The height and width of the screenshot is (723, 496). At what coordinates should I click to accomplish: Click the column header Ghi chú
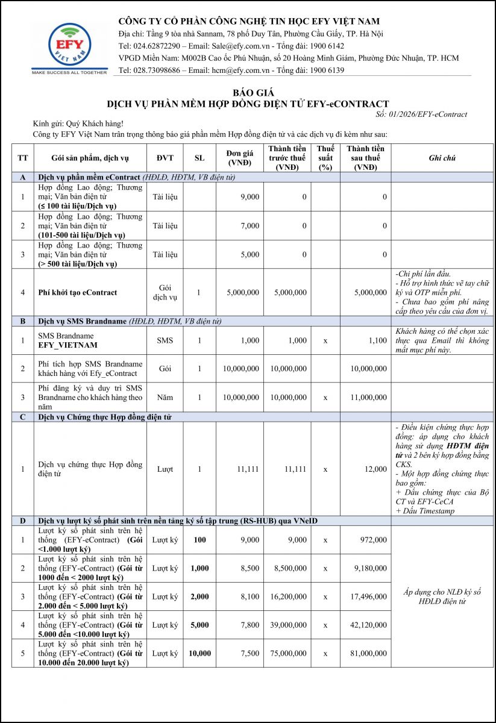coord(442,158)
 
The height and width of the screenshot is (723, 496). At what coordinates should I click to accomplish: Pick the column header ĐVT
coord(165,158)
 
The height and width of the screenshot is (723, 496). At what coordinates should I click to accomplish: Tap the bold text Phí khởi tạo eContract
coord(77,292)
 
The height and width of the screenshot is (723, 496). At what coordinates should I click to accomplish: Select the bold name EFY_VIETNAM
coord(67,346)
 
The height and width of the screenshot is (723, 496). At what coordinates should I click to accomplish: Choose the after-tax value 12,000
coord(375,469)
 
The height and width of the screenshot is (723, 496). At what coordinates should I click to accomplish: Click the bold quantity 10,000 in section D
coord(199,653)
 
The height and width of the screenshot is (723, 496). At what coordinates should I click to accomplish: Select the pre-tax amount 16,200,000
coord(288,596)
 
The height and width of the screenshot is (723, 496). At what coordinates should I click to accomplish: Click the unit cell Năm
coord(165,398)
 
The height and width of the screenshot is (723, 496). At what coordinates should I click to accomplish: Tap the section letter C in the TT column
coord(22,416)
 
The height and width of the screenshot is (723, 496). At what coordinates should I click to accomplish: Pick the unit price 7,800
coord(249,625)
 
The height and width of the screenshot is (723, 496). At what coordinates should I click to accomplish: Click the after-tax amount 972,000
coord(372,540)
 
